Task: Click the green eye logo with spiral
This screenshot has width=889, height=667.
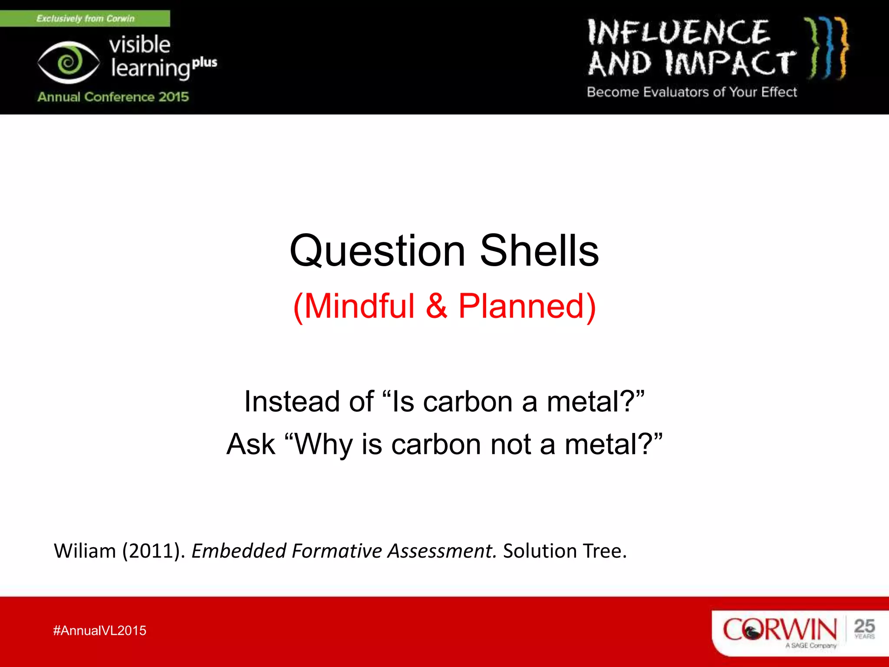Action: (68, 63)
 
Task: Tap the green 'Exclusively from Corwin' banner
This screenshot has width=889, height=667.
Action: (85, 19)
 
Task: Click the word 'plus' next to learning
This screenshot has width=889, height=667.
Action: (204, 63)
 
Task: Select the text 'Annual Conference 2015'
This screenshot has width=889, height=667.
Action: (113, 96)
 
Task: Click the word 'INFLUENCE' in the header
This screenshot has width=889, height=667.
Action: (678, 33)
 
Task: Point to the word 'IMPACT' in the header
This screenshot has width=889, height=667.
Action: (731, 63)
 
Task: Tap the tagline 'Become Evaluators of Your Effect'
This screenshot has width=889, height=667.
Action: (691, 92)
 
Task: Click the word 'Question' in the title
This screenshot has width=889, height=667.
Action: (377, 251)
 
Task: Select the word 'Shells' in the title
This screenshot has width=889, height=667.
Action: (539, 251)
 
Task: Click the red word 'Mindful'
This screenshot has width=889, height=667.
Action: (359, 306)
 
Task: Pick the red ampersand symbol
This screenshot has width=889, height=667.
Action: (436, 306)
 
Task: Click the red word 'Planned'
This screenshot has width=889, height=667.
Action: (521, 306)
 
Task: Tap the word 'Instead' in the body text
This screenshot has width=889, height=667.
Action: (292, 402)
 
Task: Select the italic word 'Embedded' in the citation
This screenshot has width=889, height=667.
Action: (238, 551)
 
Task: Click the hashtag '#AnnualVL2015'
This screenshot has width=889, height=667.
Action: (100, 631)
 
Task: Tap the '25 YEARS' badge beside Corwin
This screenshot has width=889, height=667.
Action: (864, 629)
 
